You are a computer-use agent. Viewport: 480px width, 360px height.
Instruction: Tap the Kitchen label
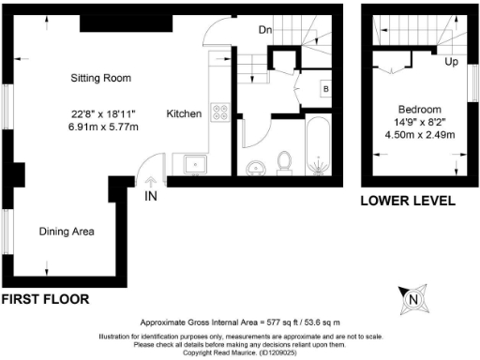(x=185, y=114)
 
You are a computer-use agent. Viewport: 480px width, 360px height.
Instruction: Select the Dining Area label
(x=66, y=231)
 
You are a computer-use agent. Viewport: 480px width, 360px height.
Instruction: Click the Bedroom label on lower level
(x=418, y=108)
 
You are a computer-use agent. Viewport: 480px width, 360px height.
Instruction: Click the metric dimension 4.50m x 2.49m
(x=418, y=134)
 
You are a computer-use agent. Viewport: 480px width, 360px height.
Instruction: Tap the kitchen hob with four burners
(x=221, y=112)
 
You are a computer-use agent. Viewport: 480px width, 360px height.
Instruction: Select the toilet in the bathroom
(x=286, y=164)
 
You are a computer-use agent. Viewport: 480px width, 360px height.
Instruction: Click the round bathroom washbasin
(x=255, y=169)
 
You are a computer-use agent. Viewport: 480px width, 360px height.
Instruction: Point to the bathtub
(x=316, y=148)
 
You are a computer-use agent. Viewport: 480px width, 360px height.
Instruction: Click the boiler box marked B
(x=325, y=90)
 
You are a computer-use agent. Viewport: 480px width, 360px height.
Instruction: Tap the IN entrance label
(x=151, y=197)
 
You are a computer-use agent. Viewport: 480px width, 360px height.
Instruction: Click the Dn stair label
(x=266, y=30)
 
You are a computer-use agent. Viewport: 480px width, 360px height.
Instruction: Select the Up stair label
(x=450, y=63)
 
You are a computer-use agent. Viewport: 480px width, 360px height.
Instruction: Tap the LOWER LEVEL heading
(x=408, y=201)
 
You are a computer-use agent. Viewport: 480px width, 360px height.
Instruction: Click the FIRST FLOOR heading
(x=45, y=300)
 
